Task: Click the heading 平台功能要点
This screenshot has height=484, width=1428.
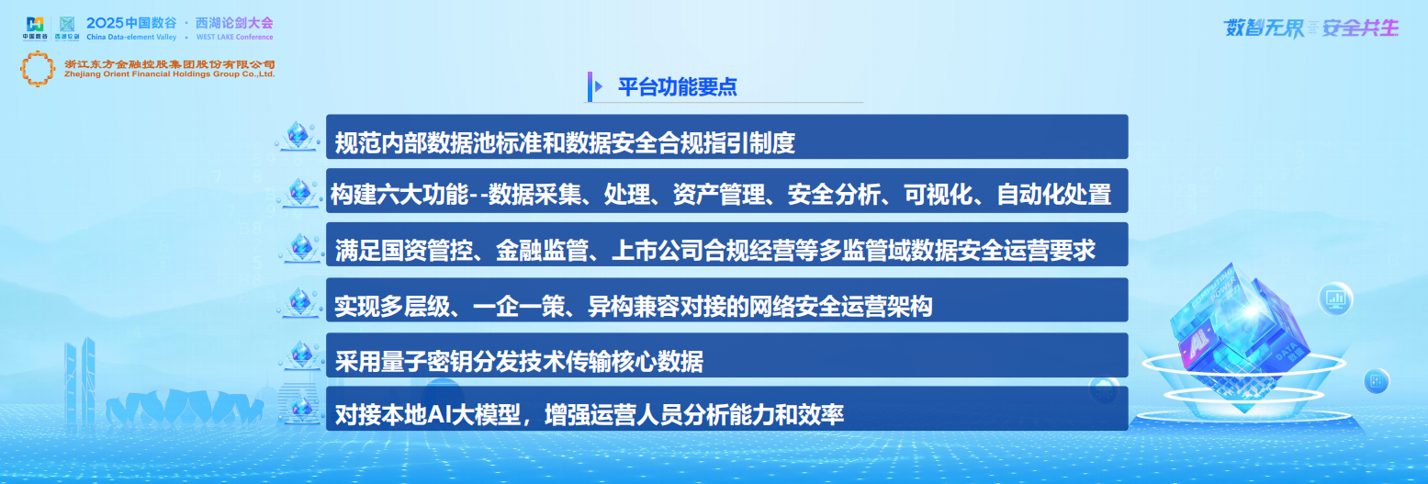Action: [x=677, y=87]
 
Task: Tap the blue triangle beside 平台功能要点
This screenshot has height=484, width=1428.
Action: [x=599, y=87]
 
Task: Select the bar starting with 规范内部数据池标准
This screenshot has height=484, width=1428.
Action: [x=726, y=137]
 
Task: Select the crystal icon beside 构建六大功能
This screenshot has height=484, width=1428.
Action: [x=298, y=192]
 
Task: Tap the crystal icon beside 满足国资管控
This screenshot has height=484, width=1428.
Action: [x=298, y=246]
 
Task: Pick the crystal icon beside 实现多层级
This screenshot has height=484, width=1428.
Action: [x=298, y=300]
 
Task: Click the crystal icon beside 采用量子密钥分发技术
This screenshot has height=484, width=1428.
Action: [x=298, y=355]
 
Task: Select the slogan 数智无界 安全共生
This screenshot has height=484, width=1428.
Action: [x=1310, y=28]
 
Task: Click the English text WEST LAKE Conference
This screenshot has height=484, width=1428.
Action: [x=234, y=38]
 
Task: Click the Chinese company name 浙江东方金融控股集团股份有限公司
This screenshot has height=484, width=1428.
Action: [x=170, y=63]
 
